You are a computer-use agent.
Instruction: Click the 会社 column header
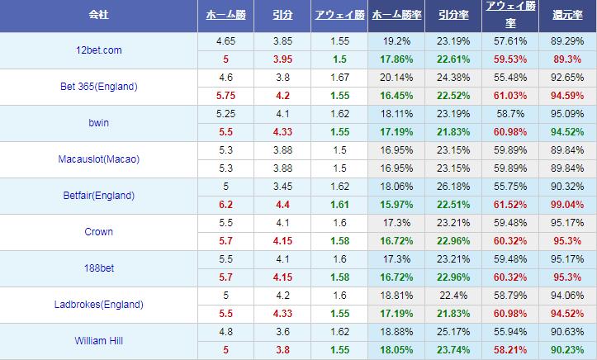coord(99,16)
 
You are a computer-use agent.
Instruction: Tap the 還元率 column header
coord(567,16)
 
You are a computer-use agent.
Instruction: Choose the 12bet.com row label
coord(99,50)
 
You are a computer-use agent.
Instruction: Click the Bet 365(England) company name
coord(99,86)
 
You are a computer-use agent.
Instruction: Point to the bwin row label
coord(99,122)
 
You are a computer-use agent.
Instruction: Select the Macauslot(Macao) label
coord(99,159)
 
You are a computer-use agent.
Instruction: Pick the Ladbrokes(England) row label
coord(99,305)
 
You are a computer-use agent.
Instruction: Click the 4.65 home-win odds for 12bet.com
coord(225,40)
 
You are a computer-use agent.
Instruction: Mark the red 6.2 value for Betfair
coord(225,204)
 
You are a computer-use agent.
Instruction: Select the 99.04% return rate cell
coord(567,204)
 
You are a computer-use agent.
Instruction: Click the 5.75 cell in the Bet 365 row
coord(225,95)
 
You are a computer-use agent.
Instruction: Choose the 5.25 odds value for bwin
coord(225,113)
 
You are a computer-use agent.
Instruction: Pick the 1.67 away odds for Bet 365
coord(338,77)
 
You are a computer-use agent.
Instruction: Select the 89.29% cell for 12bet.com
coord(567,40)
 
